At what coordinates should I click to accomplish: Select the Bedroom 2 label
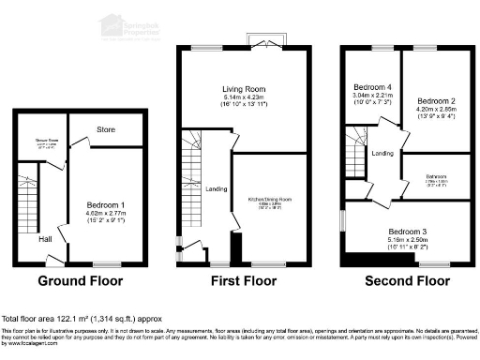(x=435, y=100)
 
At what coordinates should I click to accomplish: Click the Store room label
(x=105, y=128)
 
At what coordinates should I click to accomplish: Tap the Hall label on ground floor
(x=45, y=239)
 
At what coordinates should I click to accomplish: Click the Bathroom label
(x=433, y=175)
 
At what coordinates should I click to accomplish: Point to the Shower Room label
(x=48, y=142)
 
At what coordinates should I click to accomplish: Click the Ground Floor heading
(x=81, y=280)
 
